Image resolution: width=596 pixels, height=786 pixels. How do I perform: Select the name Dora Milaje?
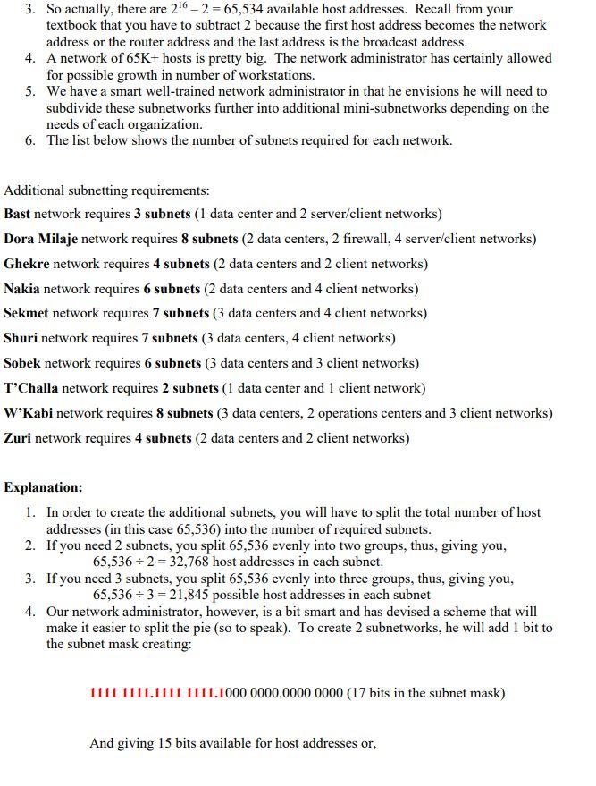coord(41,239)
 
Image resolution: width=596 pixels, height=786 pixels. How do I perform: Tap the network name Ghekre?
coord(27,264)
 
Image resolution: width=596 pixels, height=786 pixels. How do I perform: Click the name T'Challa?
coord(31,388)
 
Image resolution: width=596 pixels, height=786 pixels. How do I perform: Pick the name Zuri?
coord(18,438)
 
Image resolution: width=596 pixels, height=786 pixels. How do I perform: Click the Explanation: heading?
coord(43,487)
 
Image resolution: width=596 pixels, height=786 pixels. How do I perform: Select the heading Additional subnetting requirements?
coord(107,190)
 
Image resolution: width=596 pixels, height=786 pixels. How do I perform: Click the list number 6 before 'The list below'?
coord(29,140)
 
